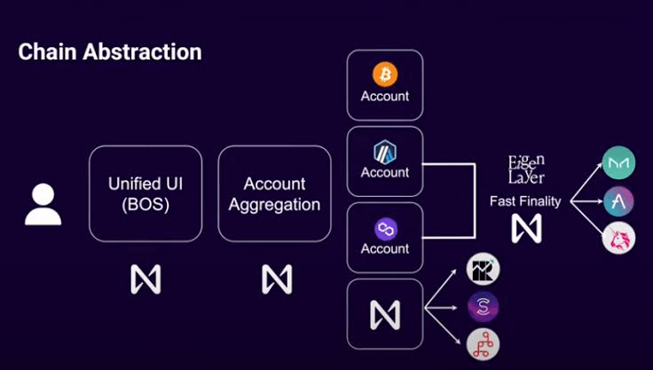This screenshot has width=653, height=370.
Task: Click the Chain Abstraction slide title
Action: pyautogui.click(x=110, y=52)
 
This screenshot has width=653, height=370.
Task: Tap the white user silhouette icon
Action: pyautogui.click(x=43, y=204)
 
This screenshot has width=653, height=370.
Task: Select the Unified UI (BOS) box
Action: pyautogui.click(x=146, y=193)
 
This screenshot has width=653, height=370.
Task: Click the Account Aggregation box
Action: pyautogui.click(x=274, y=193)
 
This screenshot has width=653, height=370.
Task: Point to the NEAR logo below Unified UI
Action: pyautogui.click(x=146, y=279)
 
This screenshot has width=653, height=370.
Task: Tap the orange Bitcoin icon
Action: pyautogui.click(x=385, y=74)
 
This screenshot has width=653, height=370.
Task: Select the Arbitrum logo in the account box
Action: pyautogui.click(x=385, y=151)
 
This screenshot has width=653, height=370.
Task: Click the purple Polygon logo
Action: pyautogui.click(x=385, y=229)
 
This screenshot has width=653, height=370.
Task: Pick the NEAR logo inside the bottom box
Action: pyautogui.click(x=385, y=314)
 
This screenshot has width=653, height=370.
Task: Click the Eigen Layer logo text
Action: pyautogui.click(x=526, y=169)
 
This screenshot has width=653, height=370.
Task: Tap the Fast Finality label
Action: pyautogui.click(x=525, y=201)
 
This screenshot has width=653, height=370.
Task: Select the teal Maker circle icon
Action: pyautogui.click(x=618, y=163)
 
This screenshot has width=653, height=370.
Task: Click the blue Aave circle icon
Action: pyautogui.click(x=618, y=201)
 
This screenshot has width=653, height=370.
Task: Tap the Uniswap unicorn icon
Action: pyautogui.click(x=618, y=238)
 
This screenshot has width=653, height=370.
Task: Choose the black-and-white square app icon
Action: pyautogui.click(x=484, y=270)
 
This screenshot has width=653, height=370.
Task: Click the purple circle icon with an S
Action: pyautogui.click(x=484, y=307)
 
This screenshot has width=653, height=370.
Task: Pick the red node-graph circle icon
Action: pyautogui.click(x=484, y=343)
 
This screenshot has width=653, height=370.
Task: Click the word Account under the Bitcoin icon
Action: pyautogui.click(x=385, y=96)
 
